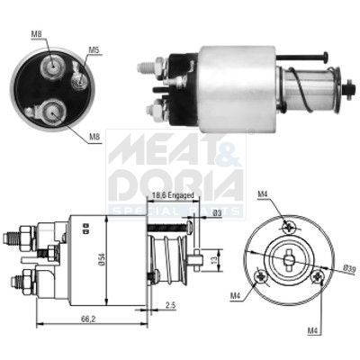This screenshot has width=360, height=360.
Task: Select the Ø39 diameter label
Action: click(350, 268)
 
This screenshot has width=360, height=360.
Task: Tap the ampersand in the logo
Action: click(228, 150)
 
